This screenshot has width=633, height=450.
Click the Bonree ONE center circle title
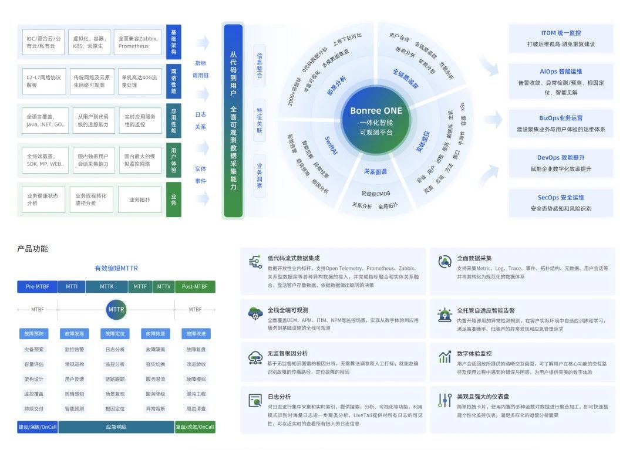(x=376, y=110)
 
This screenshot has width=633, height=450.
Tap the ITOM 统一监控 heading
(x=561, y=33)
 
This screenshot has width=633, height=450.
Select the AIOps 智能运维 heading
(x=561, y=72)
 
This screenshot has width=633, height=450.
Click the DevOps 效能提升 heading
(x=561, y=158)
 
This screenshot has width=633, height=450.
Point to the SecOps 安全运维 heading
(x=561, y=198)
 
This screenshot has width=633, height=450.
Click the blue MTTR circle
(x=116, y=309)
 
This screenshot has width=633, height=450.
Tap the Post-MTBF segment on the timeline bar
(x=195, y=287)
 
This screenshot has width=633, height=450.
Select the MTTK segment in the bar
(x=107, y=287)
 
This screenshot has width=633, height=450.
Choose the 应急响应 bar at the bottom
(x=116, y=427)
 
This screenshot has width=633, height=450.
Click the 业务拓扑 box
(x=139, y=199)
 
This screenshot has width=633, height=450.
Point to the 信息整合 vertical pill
(x=260, y=66)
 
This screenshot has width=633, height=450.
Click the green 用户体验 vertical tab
(x=173, y=160)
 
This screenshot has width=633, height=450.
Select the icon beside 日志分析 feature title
(x=255, y=401)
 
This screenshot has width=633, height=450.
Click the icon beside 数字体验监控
(x=445, y=357)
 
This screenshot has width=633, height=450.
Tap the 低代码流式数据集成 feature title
(x=294, y=258)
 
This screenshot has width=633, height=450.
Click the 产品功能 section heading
(x=33, y=249)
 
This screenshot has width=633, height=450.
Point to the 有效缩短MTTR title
(x=116, y=268)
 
